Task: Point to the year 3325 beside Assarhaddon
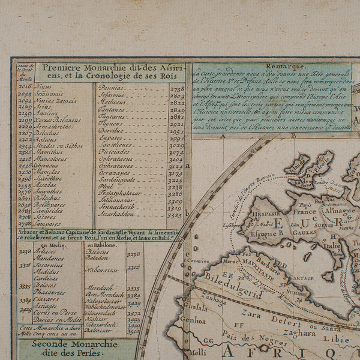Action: coord(175,215)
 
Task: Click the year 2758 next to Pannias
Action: coord(176,88)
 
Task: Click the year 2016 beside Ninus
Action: coord(25,87)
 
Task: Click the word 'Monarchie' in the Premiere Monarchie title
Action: coord(107,68)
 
